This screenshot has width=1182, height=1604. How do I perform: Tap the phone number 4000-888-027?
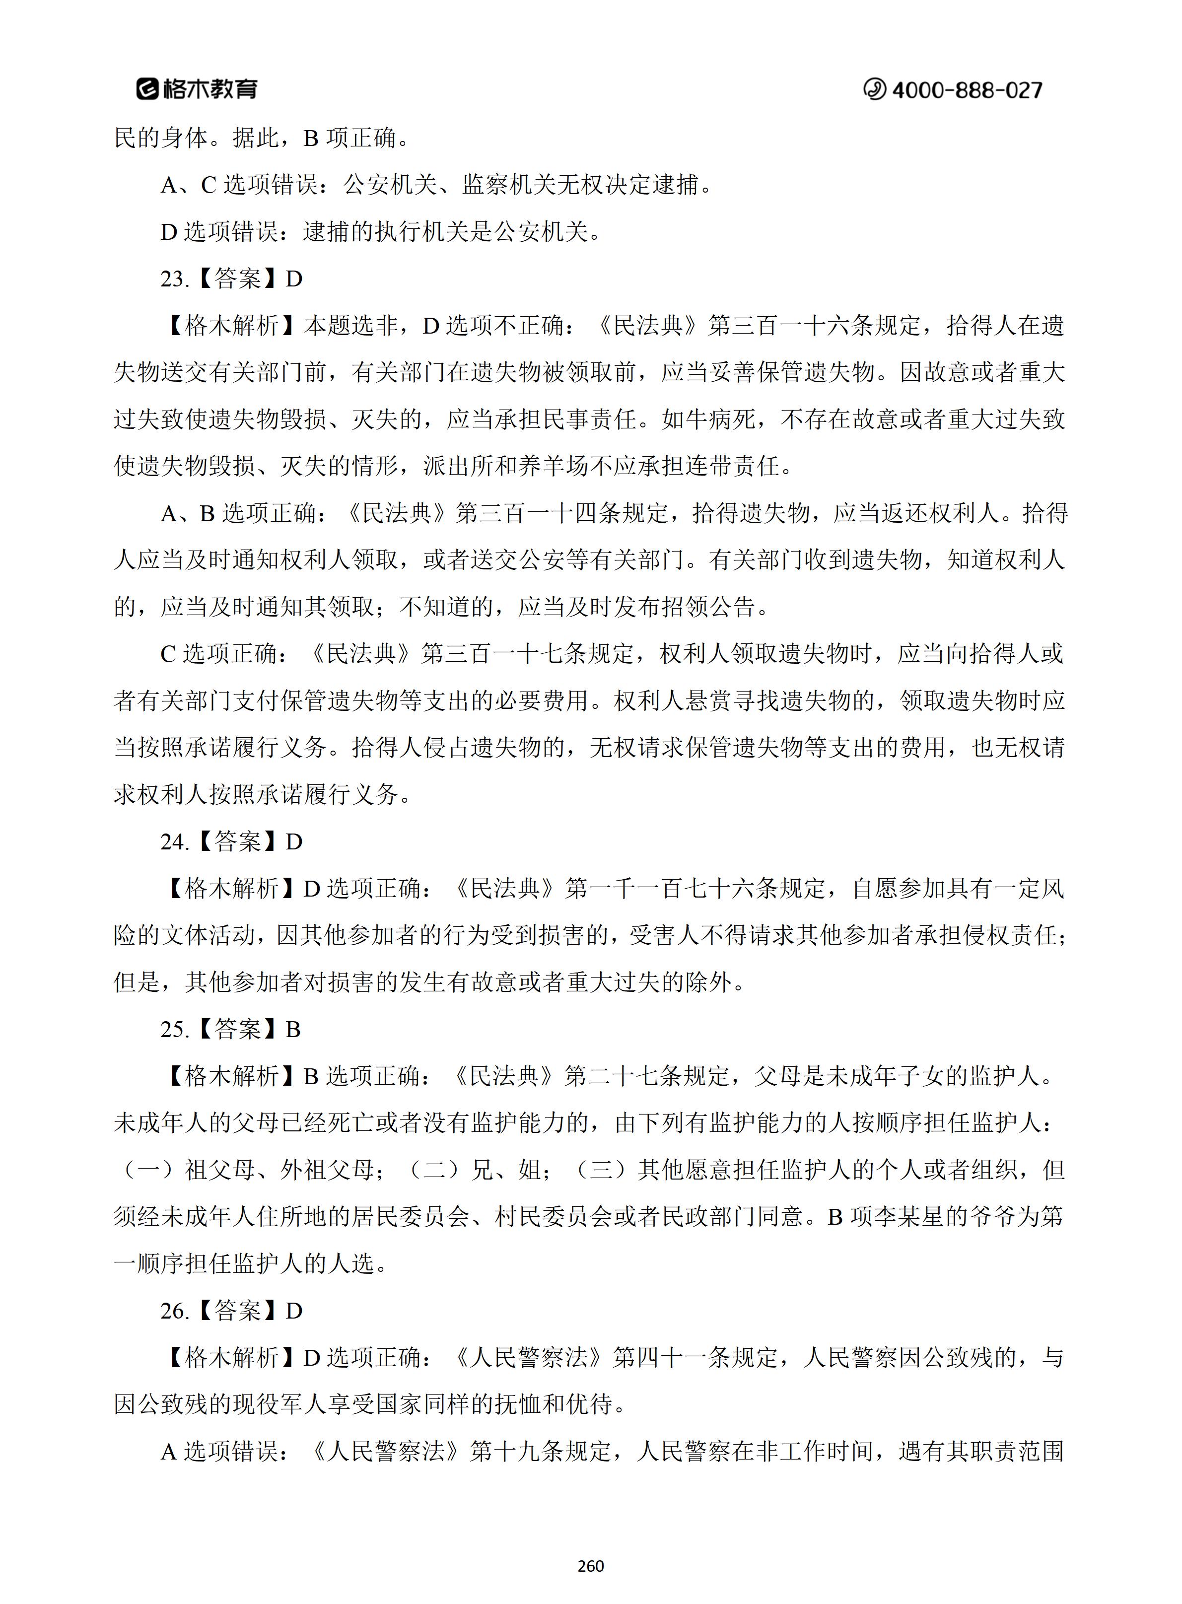(x=967, y=90)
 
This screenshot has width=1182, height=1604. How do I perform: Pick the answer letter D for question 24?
(x=294, y=842)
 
